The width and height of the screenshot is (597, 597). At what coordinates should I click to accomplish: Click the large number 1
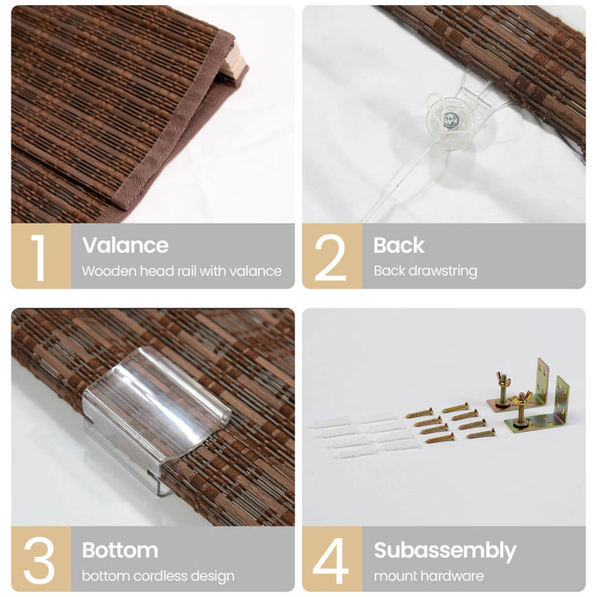pyautogui.click(x=38, y=257)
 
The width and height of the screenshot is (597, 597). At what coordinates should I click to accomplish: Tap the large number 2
pyautogui.click(x=330, y=257)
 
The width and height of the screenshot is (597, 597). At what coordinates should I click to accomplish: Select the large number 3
pyautogui.click(x=39, y=561)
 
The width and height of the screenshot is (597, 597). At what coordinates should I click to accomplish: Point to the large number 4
pyautogui.click(x=331, y=561)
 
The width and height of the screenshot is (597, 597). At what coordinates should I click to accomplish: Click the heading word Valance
pyautogui.click(x=125, y=245)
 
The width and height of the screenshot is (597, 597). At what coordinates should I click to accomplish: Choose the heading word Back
pyautogui.click(x=399, y=245)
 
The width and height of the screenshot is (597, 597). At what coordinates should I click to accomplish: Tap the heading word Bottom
pyautogui.click(x=120, y=551)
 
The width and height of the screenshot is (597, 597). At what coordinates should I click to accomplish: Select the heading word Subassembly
pyautogui.click(x=445, y=551)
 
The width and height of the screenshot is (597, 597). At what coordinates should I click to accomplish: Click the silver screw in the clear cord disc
pyautogui.click(x=450, y=121)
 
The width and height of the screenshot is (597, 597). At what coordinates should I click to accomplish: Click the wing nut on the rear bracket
pyautogui.click(x=502, y=379)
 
